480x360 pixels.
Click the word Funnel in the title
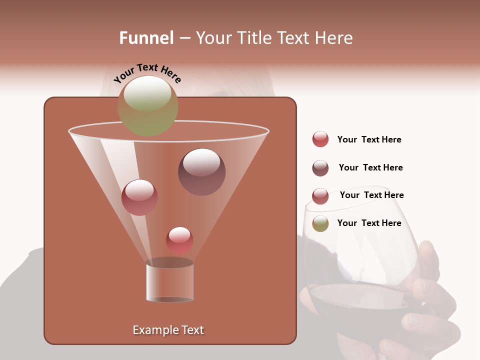coord(146,37)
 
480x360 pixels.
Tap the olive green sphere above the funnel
coord(147,105)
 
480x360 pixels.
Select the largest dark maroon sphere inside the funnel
coord(201,171)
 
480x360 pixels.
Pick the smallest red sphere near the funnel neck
coord(179,240)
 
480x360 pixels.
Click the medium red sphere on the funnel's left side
coord(139,197)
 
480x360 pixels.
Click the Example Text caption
coord(168,330)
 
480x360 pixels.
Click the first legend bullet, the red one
coord(320,139)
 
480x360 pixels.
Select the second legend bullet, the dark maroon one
coord(320,168)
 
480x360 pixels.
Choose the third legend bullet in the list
coord(320,196)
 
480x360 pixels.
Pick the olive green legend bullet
coord(320,223)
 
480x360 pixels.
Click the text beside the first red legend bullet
coord(369,139)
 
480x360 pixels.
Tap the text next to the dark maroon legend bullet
coord(370,167)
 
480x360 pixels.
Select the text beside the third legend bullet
coord(371,195)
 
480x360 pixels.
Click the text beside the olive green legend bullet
coord(369,223)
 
